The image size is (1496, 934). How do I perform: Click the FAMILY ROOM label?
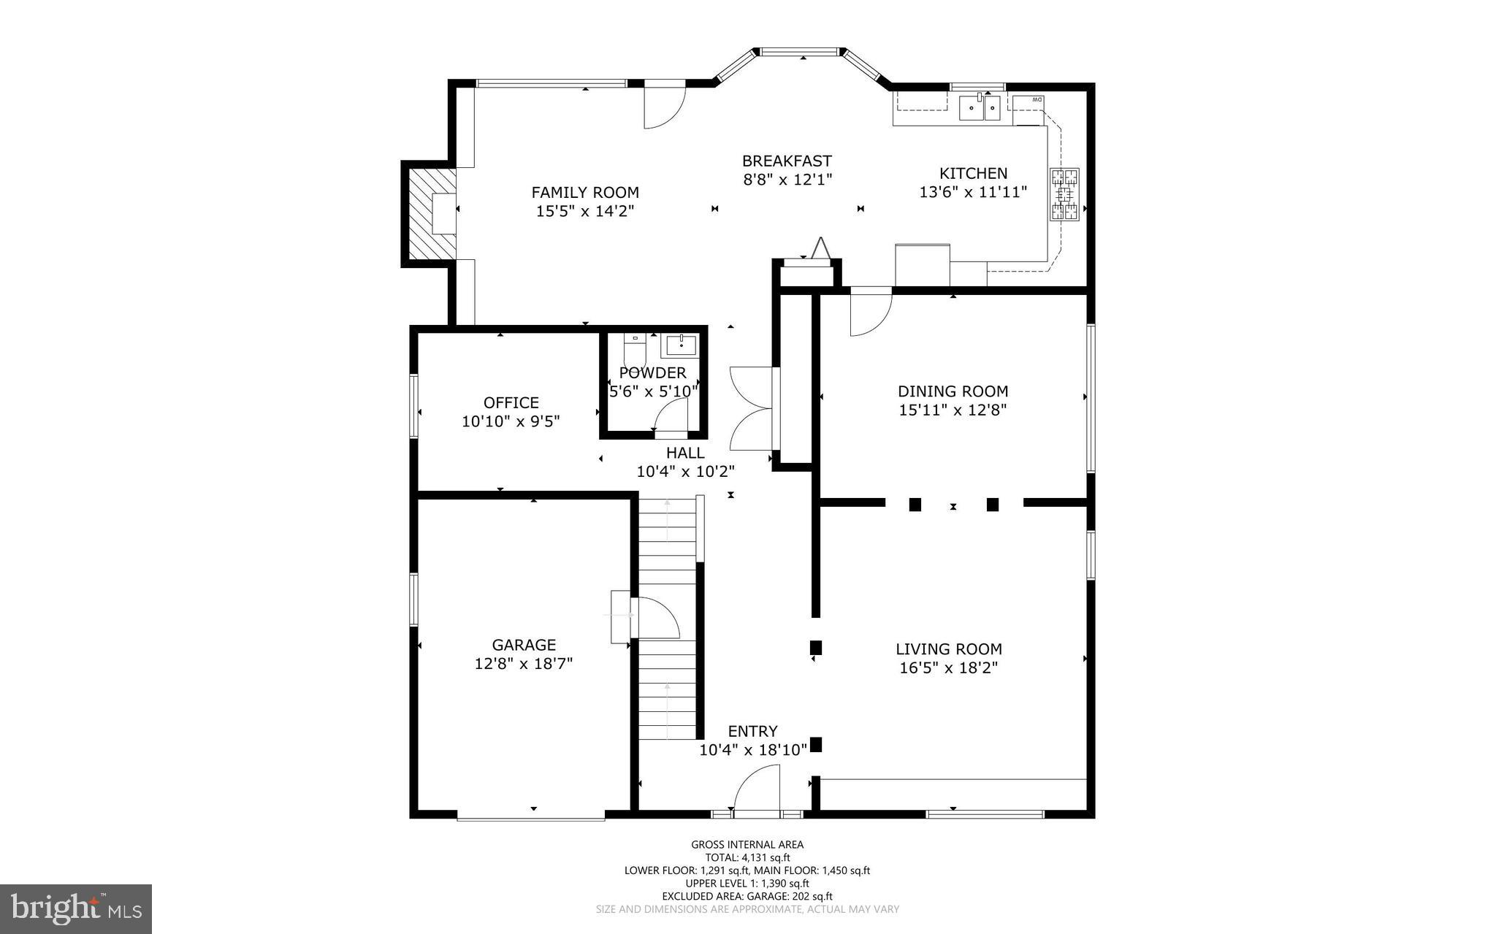pyautogui.click(x=584, y=193)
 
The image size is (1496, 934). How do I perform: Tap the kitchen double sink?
pyautogui.click(x=980, y=108)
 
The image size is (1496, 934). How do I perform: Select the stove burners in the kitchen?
pyautogui.click(x=1064, y=194)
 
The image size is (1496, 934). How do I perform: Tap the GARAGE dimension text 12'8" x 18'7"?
pyautogui.click(x=523, y=664)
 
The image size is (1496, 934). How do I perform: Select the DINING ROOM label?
pyautogui.click(x=953, y=391)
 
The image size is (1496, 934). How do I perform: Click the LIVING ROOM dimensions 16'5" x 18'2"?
pyautogui.click(x=948, y=667)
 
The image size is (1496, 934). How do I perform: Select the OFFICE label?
pyautogui.click(x=511, y=402)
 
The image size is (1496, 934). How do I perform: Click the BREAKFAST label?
pyautogui.click(x=787, y=161)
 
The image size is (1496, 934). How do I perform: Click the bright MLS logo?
pyautogui.click(x=76, y=908)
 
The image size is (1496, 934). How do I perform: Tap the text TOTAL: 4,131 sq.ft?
pyautogui.click(x=747, y=858)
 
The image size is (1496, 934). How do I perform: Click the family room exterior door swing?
pyautogui.click(x=663, y=107)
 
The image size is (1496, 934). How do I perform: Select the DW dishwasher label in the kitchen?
pyautogui.click(x=1037, y=99)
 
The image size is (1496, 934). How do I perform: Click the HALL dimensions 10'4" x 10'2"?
pyautogui.click(x=685, y=472)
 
